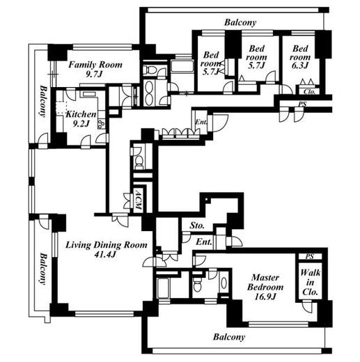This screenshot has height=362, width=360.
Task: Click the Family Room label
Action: [x=95, y=65]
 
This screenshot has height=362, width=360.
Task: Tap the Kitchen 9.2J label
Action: [x=81, y=119]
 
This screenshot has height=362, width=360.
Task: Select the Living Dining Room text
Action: [x=107, y=245]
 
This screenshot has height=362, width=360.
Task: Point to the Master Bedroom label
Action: [x=265, y=282]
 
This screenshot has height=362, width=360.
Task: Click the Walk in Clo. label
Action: [x=310, y=282]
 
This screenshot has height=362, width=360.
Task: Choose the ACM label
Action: [x=138, y=200]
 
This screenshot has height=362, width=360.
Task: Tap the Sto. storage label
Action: [x=197, y=226]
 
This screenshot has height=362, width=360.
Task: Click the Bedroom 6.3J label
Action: [x=300, y=57]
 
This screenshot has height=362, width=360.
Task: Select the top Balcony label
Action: [x=240, y=22]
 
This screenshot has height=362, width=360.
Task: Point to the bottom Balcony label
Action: [x=229, y=337]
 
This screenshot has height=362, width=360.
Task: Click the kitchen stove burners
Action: [x=102, y=124]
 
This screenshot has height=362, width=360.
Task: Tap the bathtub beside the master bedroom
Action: [x=163, y=288]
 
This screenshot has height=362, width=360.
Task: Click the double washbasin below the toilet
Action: [x=149, y=93]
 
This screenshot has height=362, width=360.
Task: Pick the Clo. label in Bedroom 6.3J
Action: [x=309, y=92]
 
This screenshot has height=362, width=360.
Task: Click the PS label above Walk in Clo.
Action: [x=310, y=256]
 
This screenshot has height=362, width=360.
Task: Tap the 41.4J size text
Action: [x=105, y=255]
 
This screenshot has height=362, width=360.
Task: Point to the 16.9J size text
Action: [x=265, y=297]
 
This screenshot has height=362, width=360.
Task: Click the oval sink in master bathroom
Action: [x=224, y=283]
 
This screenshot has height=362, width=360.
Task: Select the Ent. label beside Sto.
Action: [x=204, y=242]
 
